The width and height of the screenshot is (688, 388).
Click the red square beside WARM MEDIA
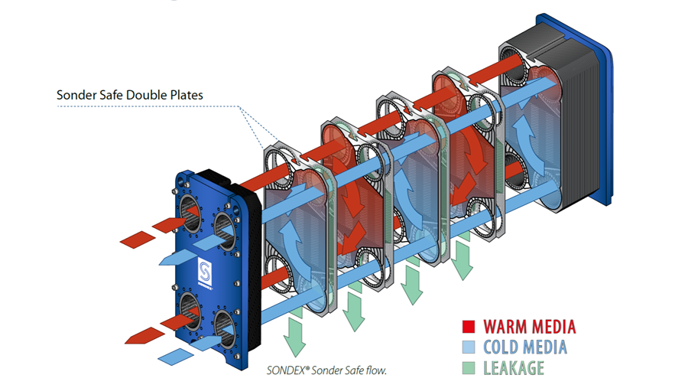click(x=470, y=327)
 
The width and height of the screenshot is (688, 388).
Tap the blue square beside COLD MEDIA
click(x=470, y=347)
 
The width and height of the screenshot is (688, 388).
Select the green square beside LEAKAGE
click(x=470, y=368)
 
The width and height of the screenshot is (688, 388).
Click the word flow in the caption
click(x=376, y=371)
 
